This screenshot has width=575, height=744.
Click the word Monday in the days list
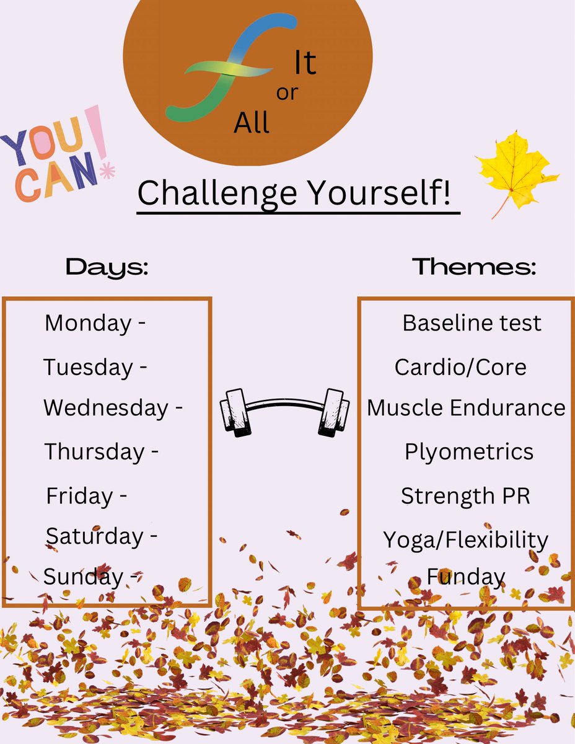(87, 323)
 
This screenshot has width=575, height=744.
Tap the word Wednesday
(105, 408)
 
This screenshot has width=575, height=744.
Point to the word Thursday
(94, 451)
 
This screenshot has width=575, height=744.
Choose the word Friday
(79, 496)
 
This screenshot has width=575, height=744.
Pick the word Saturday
(94, 536)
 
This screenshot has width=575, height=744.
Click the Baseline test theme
(472, 323)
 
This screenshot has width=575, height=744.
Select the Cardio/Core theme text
(460, 367)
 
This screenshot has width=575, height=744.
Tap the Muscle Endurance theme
(466, 408)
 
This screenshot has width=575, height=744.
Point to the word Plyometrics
(469, 451)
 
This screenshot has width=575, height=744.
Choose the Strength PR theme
(465, 496)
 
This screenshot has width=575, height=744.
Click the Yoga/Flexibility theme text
(465, 539)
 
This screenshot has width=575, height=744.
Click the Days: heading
(107, 268)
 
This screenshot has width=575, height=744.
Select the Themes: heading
(474, 268)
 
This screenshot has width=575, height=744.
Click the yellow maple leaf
(516, 169)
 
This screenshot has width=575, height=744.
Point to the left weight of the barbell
(235, 410)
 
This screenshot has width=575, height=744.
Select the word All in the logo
(252, 123)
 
